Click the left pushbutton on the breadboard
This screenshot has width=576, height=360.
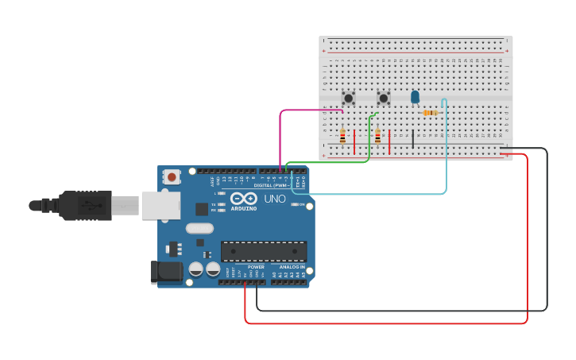348,98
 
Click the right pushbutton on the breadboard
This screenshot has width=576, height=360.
384,98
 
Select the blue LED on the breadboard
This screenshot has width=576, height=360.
415,96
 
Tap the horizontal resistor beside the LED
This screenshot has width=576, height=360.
430,113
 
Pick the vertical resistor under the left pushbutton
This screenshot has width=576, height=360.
342,137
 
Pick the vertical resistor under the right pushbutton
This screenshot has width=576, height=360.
377,137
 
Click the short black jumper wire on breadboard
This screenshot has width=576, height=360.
412,140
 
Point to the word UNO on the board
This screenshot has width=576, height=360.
274,199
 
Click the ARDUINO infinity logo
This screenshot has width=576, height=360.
244,199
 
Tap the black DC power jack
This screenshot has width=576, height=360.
166,272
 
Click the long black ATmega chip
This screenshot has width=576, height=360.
264,251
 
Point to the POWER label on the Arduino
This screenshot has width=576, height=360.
256,267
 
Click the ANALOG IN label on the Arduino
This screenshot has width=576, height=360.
291,267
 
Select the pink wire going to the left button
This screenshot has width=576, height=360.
280,135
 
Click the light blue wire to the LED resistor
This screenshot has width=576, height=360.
446,159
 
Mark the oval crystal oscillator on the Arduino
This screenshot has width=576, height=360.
200,229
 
